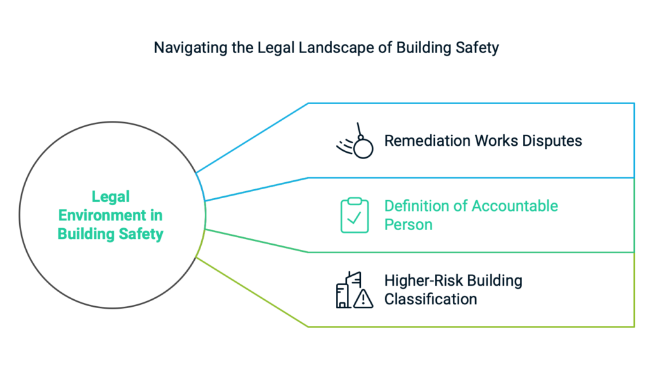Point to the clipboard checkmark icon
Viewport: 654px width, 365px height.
(x=354, y=215)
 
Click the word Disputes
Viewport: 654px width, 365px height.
(x=553, y=141)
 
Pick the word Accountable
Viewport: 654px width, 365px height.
(x=515, y=206)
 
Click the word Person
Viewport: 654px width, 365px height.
(x=408, y=224)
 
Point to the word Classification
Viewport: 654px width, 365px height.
(x=430, y=299)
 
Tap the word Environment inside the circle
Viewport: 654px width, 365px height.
(x=102, y=215)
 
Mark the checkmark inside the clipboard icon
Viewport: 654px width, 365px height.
(x=354, y=219)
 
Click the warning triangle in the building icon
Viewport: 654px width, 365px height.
(x=363, y=297)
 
